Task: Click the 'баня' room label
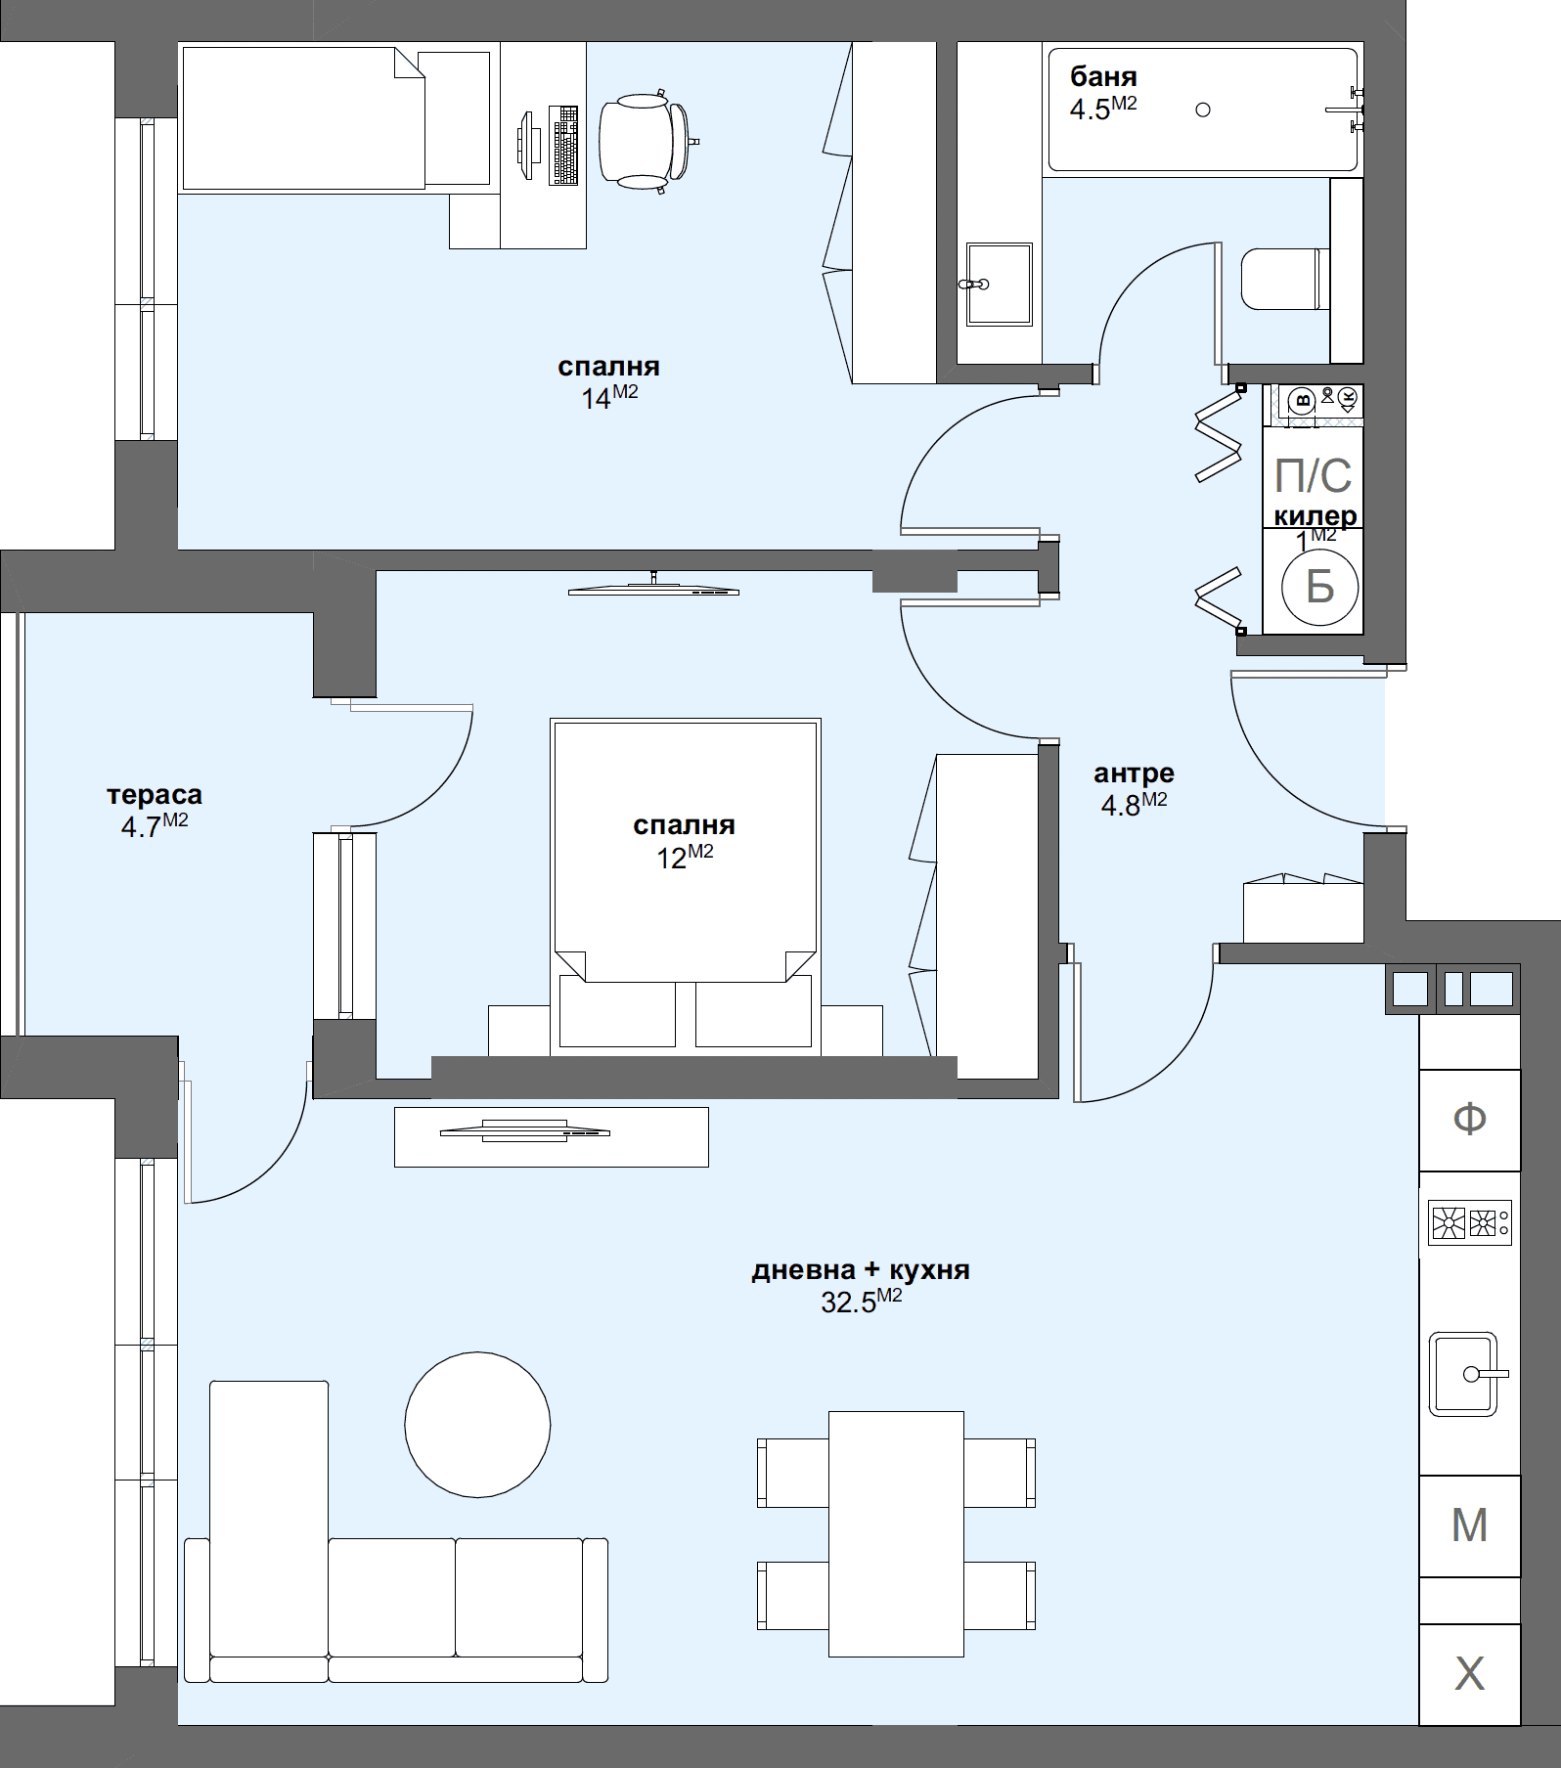tap(1103, 76)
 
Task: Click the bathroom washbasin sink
tap(999, 284)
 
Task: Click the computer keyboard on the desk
tap(564, 145)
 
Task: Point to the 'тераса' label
tap(155, 794)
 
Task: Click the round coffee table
tap(477, 1424)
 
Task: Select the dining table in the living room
tap(896, 1533)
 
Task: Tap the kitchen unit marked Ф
tap(1469, 1120)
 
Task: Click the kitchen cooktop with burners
tap(1469, 1222)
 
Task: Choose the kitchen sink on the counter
tap(1463, 1374)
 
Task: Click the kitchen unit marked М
tap(1469, 1525)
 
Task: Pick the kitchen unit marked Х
tap(1469, 1675)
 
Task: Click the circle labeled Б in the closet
tap(1319, 587)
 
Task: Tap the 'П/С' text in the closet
tap(1313, 476)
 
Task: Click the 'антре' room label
tap(1134, 773)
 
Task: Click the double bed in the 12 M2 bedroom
tap(685, 890)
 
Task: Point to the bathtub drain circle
tap(1203, 110)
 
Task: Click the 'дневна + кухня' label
tap(861, 1270)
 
